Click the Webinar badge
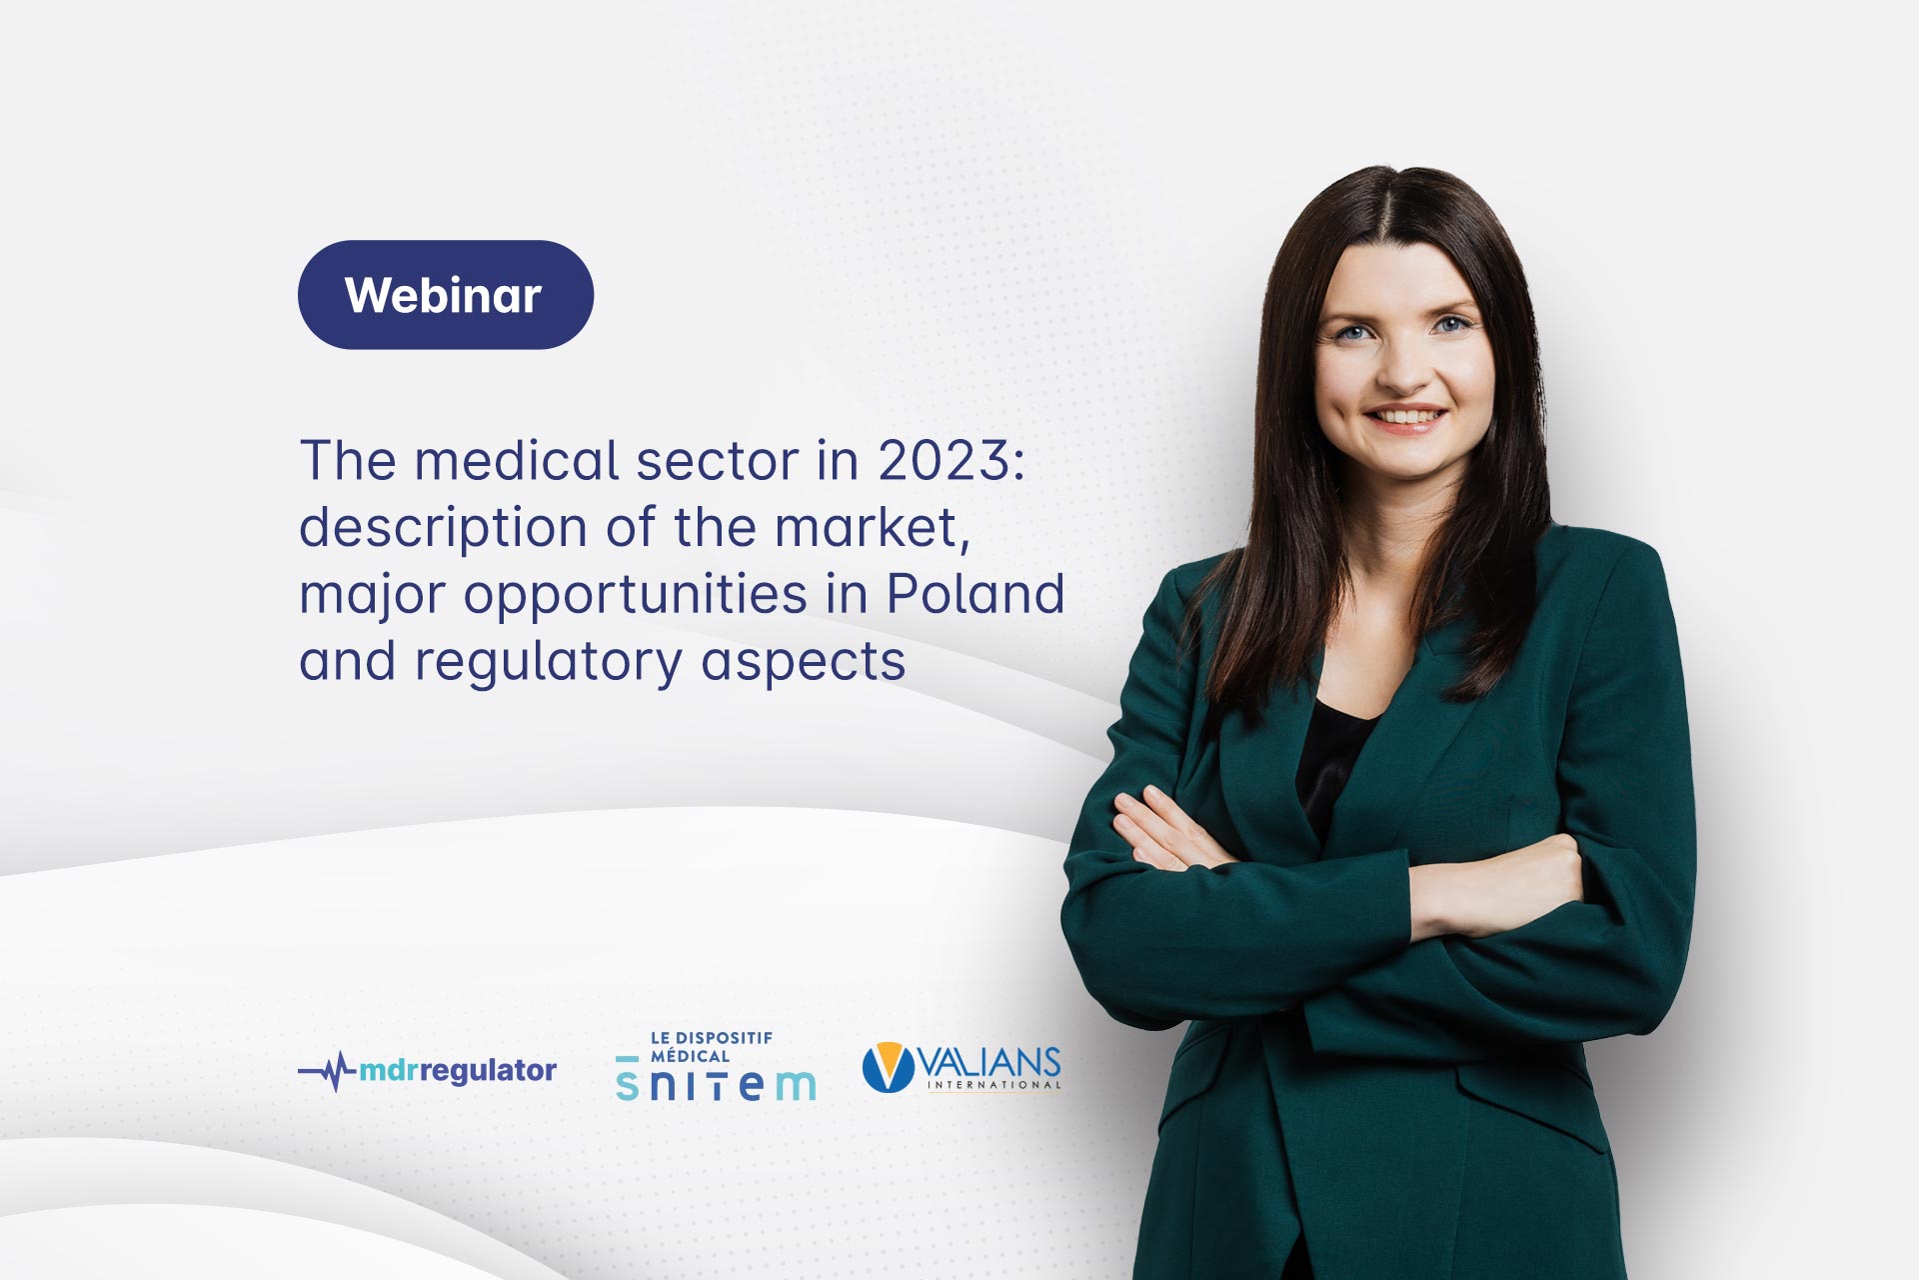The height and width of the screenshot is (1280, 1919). [445, 295]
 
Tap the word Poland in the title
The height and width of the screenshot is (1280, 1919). [974, 594]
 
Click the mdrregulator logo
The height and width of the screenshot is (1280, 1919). [428, 1071]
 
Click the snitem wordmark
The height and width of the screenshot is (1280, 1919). [716, 1084]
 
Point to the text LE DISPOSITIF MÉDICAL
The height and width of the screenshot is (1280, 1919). [711, 1046]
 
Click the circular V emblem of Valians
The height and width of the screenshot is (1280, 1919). [888, 1067]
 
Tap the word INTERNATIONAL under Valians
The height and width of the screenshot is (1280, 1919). [993, 1085]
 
